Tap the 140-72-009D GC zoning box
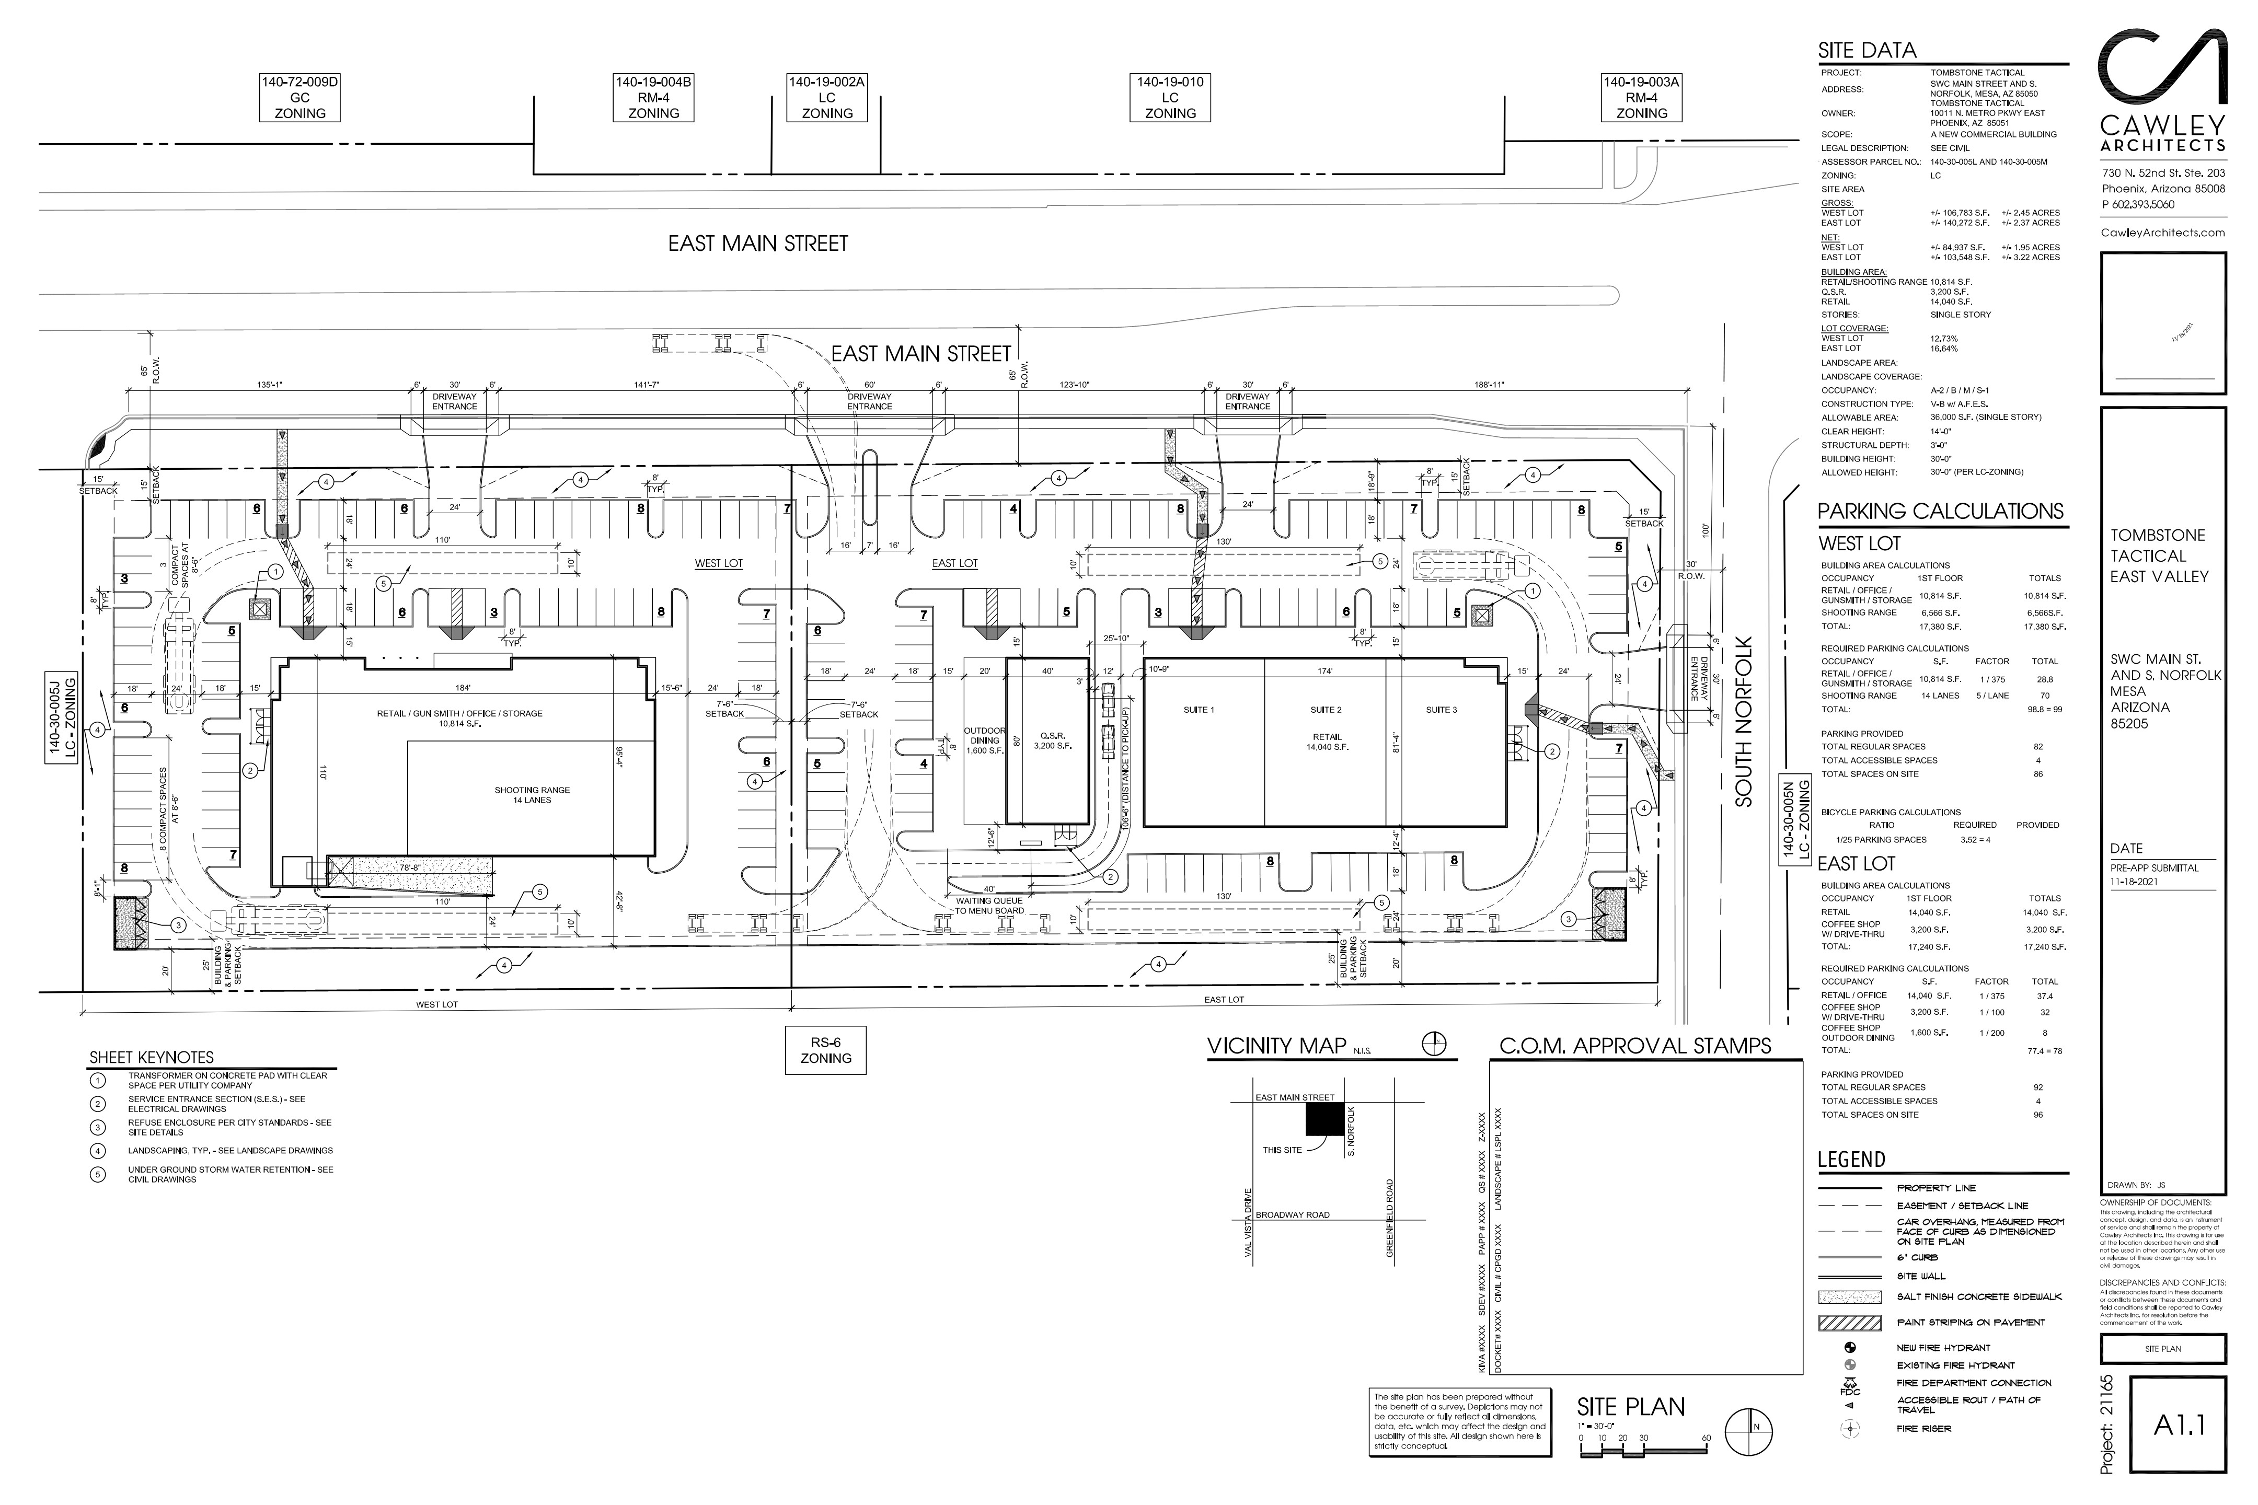(299, 98)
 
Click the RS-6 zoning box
(826, 1050)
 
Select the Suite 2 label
(1326, 710)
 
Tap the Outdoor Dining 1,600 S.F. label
(984, 741)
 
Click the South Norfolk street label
(1744, 722)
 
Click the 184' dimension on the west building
(463, 688)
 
